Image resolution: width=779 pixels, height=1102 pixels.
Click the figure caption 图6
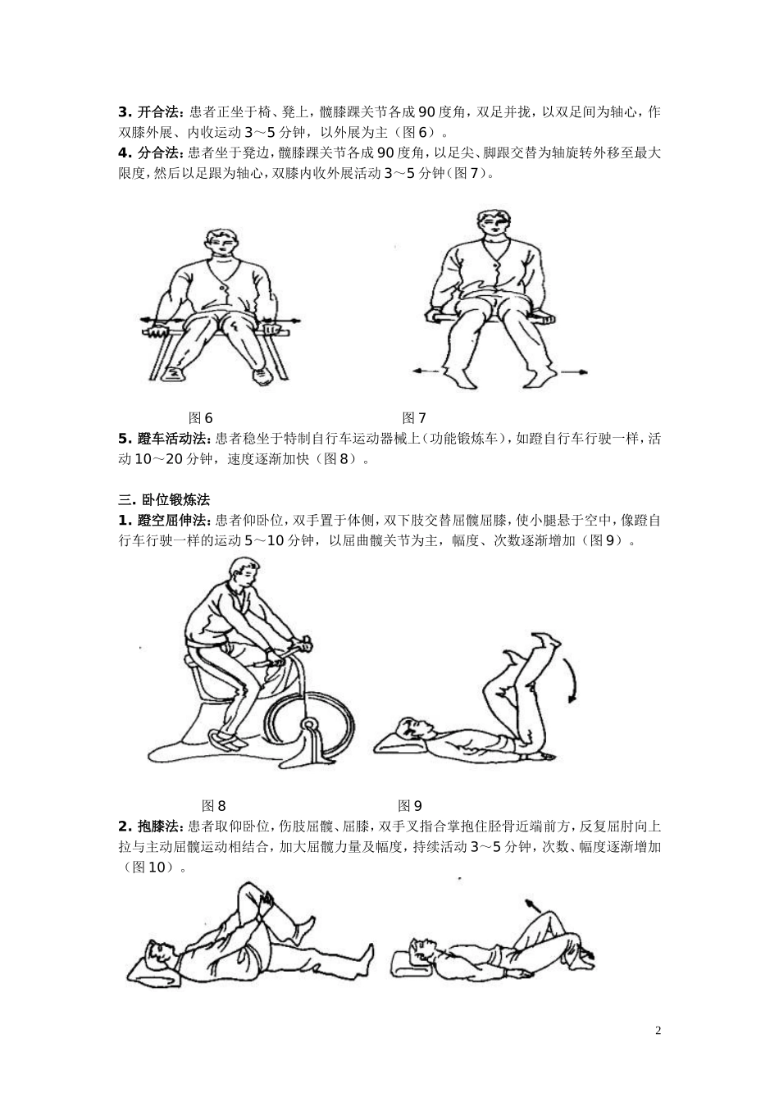point(201,417)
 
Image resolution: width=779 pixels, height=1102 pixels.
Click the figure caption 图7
point(413,417)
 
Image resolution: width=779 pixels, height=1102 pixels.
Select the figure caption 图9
point(409,805)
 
